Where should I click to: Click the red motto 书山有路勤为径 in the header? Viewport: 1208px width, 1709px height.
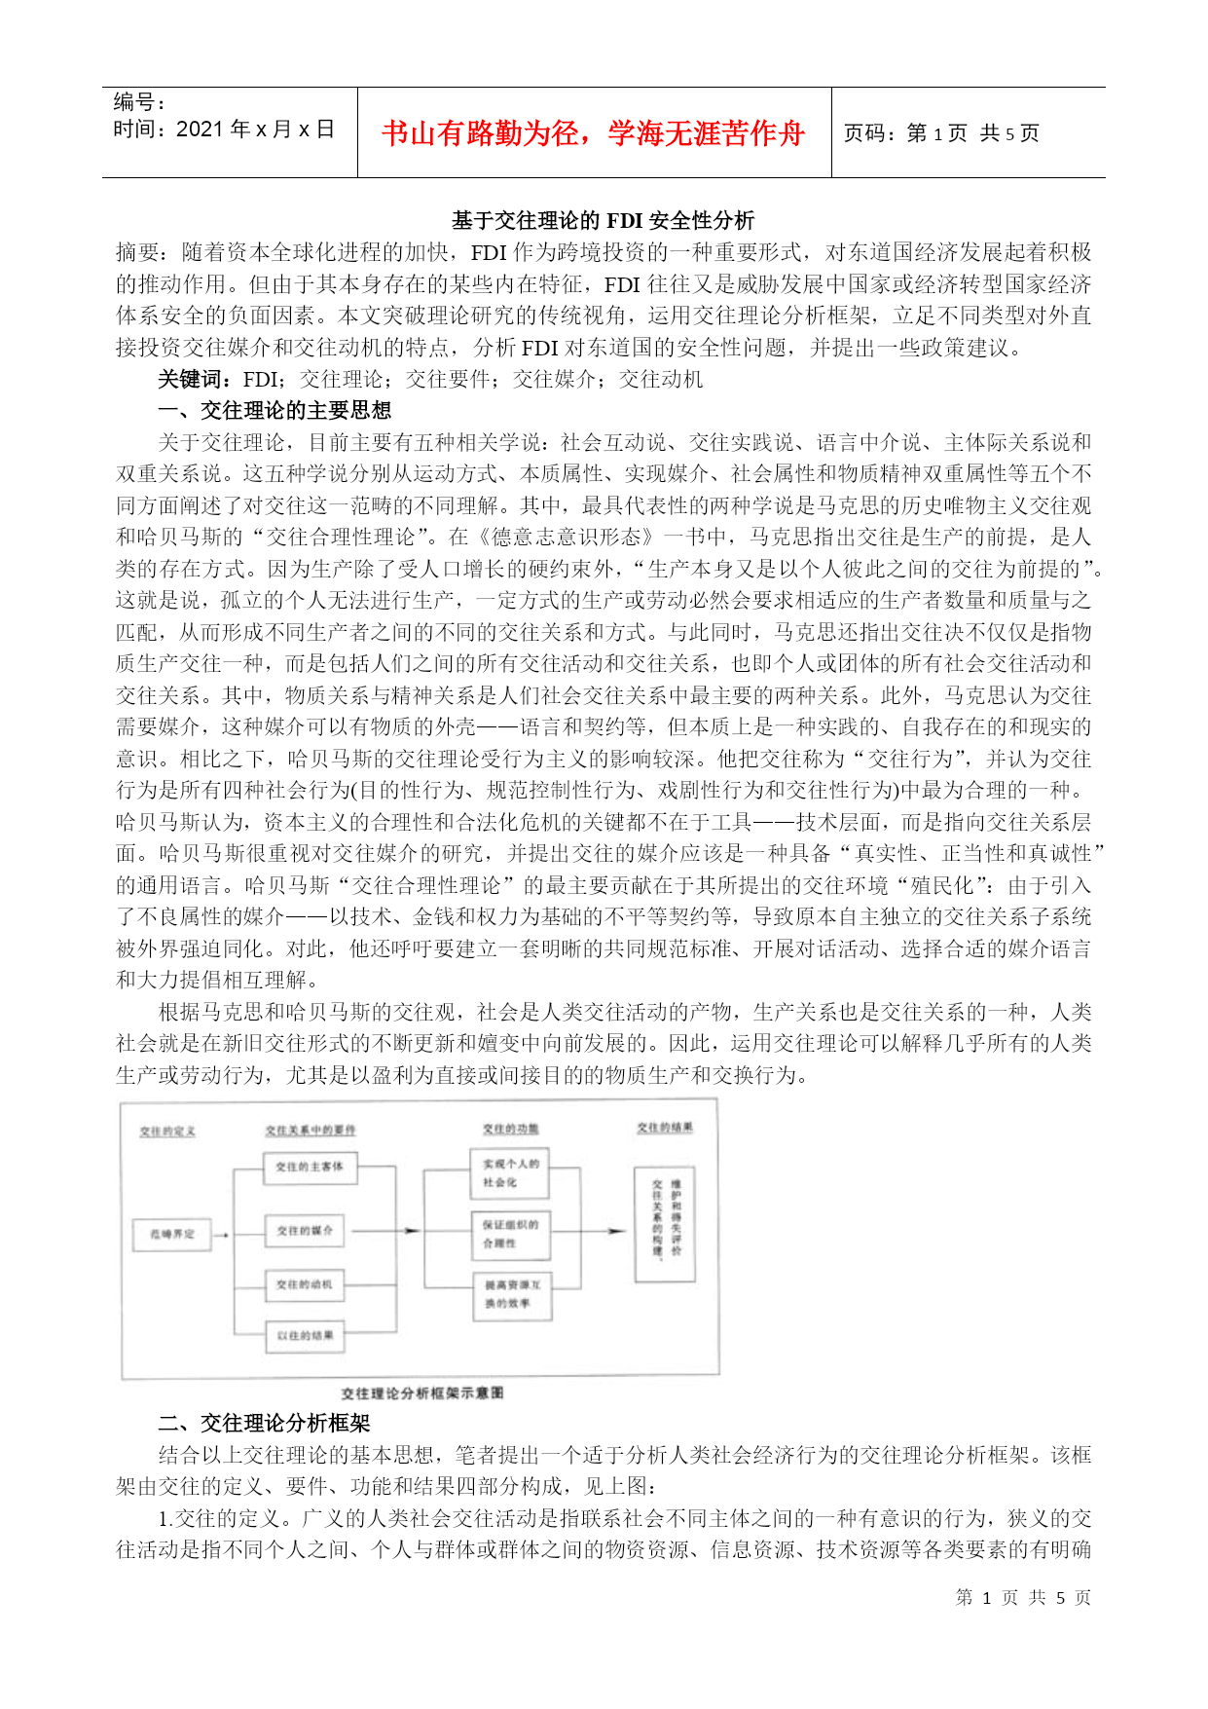(x=593, y=133)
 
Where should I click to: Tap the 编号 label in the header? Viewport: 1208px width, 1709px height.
(x=139, y=102)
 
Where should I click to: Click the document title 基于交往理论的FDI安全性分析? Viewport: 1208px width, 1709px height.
(x=603, y=221)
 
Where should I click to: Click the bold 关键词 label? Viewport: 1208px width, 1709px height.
(x=194, y=380)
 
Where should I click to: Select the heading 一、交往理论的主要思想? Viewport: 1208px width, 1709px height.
(x=275, y=411)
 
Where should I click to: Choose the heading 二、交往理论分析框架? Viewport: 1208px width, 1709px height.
(x=264, y=1424)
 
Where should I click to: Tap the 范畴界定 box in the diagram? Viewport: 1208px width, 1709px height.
(x=172, y=1233)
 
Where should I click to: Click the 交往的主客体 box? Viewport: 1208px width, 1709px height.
(x=309, y=1167)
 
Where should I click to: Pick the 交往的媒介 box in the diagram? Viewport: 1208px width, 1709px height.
(x=305, y=1231)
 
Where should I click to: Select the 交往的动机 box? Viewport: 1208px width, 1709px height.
(x=305, y=1284)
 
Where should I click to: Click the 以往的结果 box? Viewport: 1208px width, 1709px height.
(x=305, y=1335)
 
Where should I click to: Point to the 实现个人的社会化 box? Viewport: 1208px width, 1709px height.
(x=510, y=1172)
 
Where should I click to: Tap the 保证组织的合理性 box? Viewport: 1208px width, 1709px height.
(x=510, y=1234)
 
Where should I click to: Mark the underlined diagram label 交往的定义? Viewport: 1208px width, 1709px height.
(x=167, y=1131)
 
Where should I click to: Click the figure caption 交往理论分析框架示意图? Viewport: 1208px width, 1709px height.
(x=422, y=1393)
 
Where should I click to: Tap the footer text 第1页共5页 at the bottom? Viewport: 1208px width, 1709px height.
(x=1023, y=1597)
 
